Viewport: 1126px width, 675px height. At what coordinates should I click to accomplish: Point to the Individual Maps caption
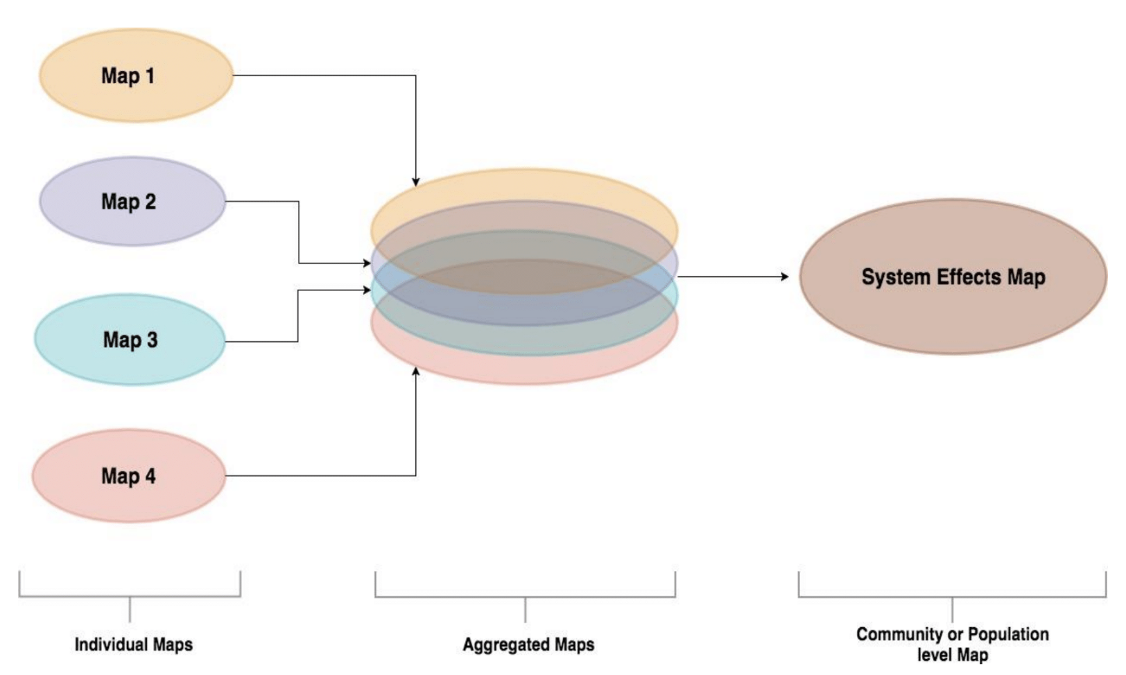click(x=133, y=645)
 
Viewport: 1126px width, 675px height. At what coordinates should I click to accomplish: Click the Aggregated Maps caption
click(x=528, y=645)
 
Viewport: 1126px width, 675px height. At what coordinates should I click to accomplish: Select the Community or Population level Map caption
click(x=953, y=644)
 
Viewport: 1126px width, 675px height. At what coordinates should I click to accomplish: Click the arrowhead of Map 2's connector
click(x=367, y=263)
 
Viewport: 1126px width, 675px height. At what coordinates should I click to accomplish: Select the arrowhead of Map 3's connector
click(x=367, y=290)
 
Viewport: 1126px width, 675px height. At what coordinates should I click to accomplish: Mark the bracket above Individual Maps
click(x=130, y=596)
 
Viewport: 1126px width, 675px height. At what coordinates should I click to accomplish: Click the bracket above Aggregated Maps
click(x=525, y=597)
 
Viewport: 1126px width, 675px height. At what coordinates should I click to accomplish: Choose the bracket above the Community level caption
click(x=952, y=597)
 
